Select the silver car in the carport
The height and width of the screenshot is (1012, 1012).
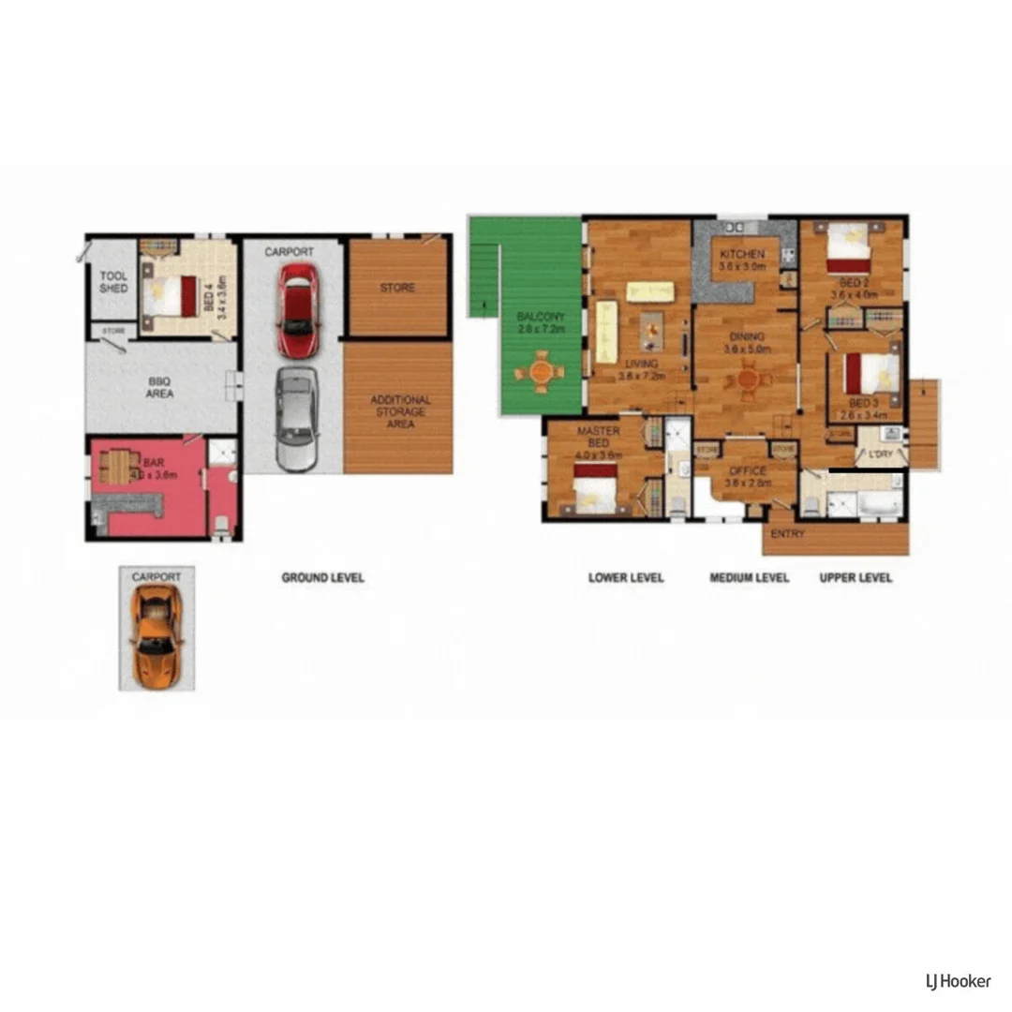tap(296, 419)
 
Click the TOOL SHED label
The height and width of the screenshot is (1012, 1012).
tap(113, 282)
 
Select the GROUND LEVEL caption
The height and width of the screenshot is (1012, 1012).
tap(322, 578)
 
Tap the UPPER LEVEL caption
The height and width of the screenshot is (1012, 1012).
tap(856, 578)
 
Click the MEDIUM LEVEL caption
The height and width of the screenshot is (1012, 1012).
tap(750, 578)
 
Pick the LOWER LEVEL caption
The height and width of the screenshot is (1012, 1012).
tap(626, 578)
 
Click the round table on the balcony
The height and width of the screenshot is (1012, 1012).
tap(541, 372)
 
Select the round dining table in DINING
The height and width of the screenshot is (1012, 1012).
tap(748, 379)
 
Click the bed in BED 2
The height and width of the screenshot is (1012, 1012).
tap(849, 246)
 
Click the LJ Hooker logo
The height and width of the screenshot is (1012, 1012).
tap(957, 981)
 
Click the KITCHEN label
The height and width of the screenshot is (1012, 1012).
tap(742, 255)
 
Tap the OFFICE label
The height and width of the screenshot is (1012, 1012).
tap(748, 471)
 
